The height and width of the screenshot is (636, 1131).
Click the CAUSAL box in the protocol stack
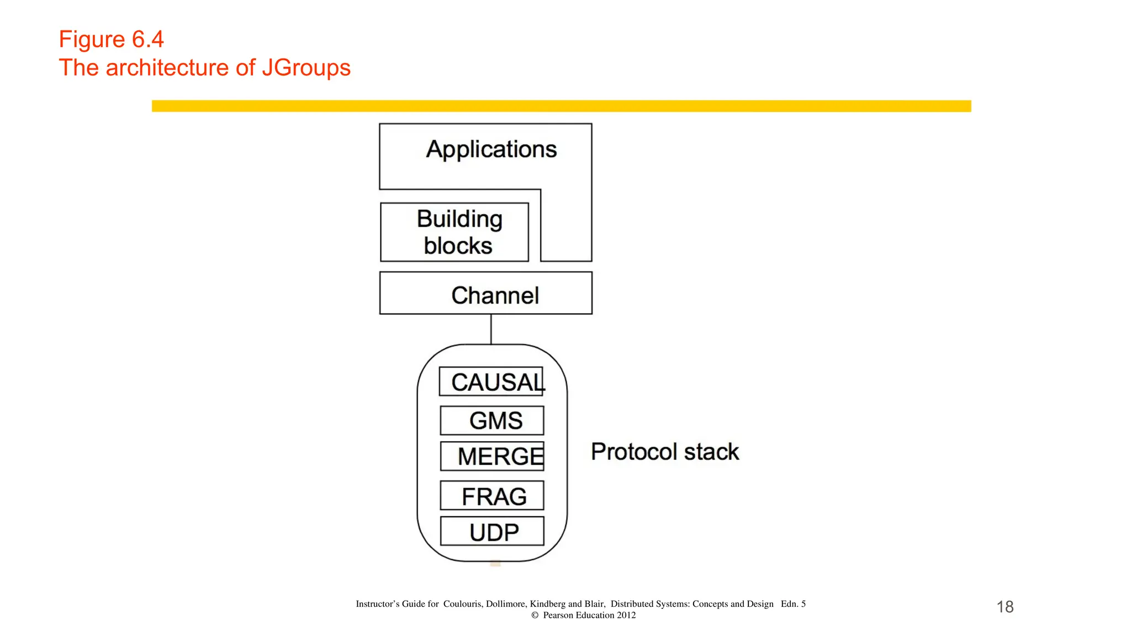tap(491, 381)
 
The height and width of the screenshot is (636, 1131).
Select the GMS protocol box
tap(491, 420)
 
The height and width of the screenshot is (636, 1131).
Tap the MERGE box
tap(491, 456)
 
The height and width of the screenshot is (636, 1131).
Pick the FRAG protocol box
tap(491, 496)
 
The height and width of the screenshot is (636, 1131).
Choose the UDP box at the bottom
tap(491, 532)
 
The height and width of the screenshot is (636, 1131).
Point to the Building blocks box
tap(454, 232)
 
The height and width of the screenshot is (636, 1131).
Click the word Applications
tap(491, 150)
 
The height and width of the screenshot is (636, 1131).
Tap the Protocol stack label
tap(664, 452)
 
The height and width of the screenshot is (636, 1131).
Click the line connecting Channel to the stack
tap(491, 329)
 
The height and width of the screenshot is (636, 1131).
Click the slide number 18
tap(1005, 607)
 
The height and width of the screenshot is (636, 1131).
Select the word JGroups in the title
tap(306, 68)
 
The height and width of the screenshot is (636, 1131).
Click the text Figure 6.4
tap(111, 39)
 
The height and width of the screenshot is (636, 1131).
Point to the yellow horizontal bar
tap(561, 106)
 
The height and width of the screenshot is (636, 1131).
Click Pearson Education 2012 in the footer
tap(589, 615)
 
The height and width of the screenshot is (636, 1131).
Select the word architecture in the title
tap(167, 68)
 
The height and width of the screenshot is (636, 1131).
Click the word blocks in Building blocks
tap(458, 246)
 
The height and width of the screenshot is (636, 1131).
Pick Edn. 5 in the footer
tap(793, 604)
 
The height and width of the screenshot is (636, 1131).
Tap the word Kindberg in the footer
tap(548, 604)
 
